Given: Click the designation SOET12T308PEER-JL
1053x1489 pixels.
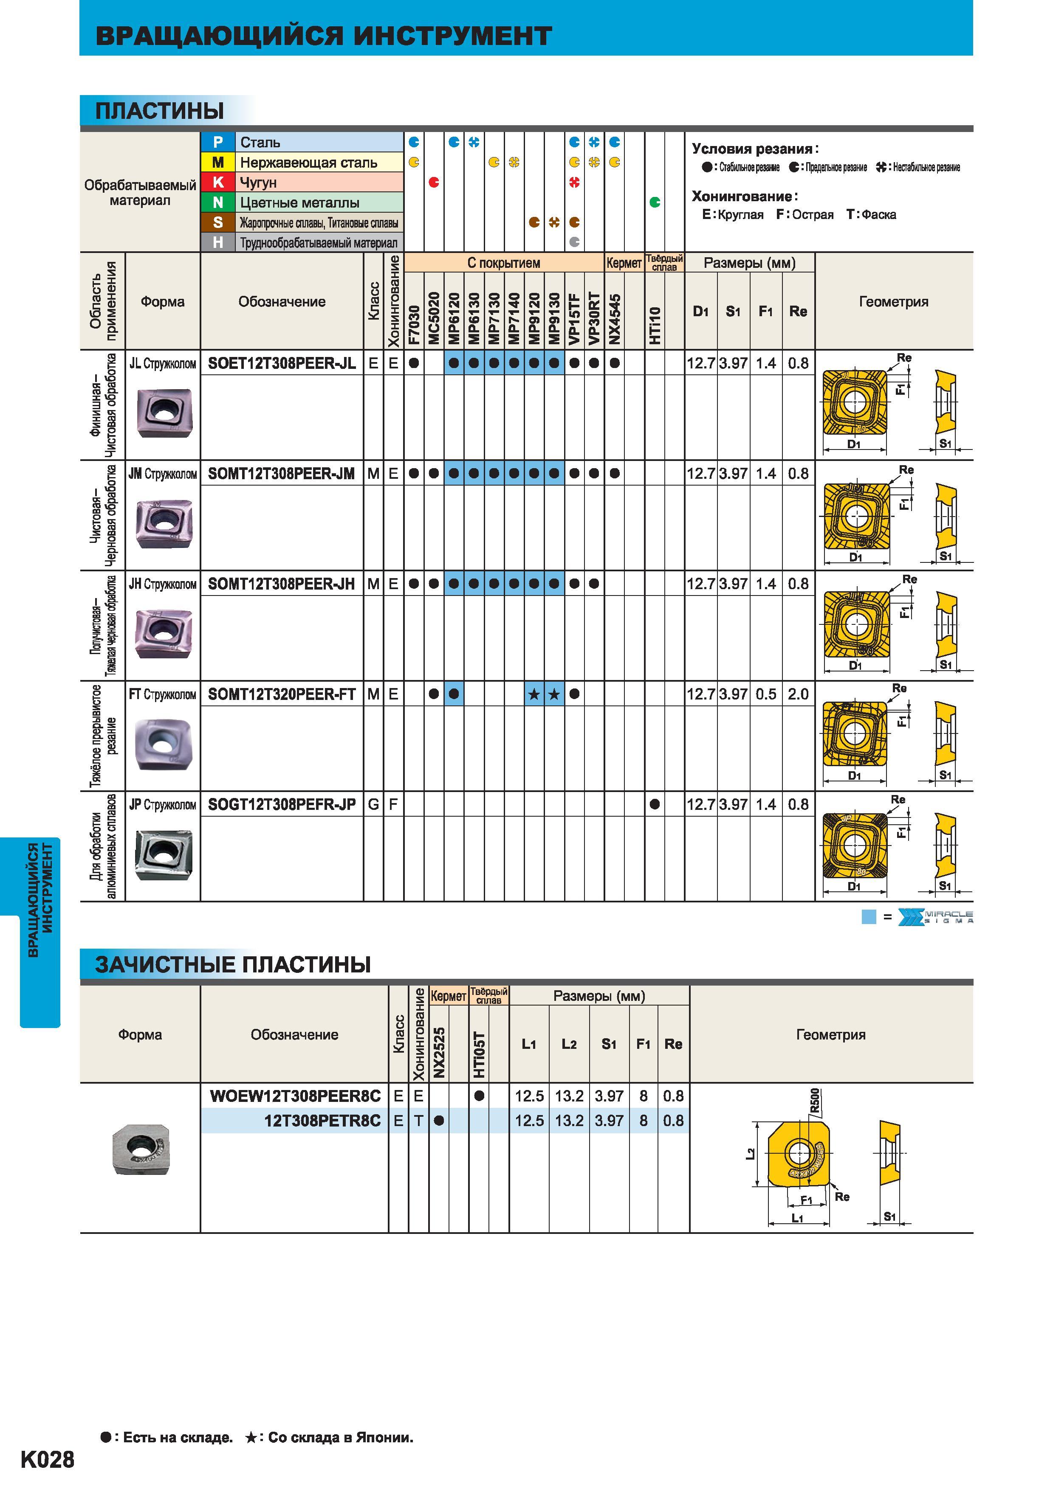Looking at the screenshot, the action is (282, 364).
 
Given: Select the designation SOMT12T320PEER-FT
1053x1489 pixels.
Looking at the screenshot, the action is (282, 694).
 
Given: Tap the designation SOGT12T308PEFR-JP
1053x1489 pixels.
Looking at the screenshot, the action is (282, 805).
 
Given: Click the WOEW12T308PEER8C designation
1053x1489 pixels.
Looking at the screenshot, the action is (295, 1096).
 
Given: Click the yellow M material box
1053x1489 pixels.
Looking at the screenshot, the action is (218, 162).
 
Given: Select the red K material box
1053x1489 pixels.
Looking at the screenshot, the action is (218, 182).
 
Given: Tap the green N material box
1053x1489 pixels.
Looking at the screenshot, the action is (218, 202).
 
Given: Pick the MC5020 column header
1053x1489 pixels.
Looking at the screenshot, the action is (434, 318).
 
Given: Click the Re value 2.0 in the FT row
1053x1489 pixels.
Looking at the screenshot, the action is (798, 694).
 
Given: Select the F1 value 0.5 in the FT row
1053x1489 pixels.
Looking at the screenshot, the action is (765, 694).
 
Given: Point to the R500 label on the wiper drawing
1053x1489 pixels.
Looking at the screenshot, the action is (815, 1101).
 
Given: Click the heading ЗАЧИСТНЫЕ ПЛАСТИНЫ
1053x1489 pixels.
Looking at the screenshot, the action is (233, 964).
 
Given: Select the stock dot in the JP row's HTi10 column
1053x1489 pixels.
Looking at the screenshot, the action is (655, 804).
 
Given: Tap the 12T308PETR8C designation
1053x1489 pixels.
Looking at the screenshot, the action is (322, 1121).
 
